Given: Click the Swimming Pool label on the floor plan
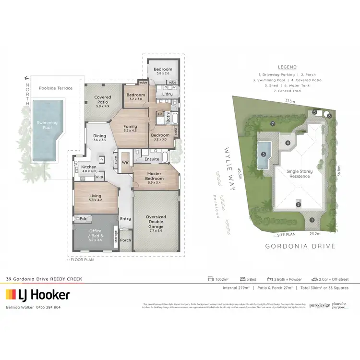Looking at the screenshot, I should point(47,126).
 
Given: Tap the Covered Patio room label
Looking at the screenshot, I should point(102,101).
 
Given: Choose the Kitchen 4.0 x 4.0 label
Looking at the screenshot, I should point(89,168).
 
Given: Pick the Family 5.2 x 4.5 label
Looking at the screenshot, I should point(130,129).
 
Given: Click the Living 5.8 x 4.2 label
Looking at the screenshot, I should point(96,198).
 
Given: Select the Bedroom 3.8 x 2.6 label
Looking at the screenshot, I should point(163,71).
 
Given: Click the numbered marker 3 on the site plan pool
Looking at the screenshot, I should point(264,154).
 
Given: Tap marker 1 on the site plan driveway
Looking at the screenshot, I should point(312,220).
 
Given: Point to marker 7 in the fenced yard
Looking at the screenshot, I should point(272,124).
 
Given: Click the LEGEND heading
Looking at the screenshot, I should point(287,67).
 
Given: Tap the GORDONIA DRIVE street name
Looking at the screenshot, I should point(300,246).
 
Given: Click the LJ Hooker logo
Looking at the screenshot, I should point(37,295).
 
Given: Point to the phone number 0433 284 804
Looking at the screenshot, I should point(47,307).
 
